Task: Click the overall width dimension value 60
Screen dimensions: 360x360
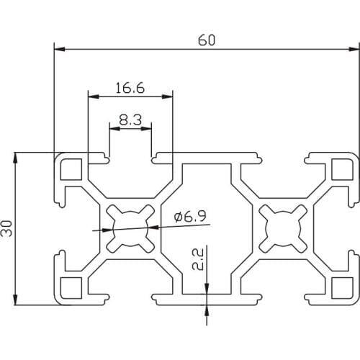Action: point(207,40)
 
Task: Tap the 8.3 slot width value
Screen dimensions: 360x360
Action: point(130,120)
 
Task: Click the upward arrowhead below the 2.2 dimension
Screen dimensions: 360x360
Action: point(207,309)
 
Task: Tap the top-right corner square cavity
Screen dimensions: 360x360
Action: point(341,170)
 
